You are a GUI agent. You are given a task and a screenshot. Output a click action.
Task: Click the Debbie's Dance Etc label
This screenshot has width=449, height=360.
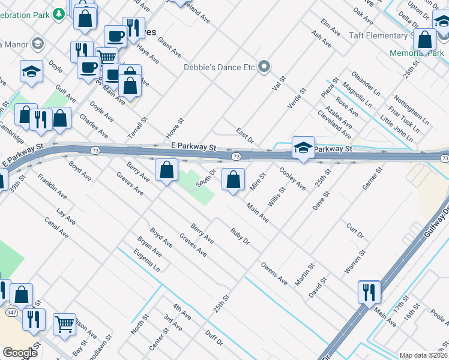tap(219, 67)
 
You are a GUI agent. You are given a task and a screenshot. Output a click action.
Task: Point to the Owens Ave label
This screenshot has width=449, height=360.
tap(274, 269)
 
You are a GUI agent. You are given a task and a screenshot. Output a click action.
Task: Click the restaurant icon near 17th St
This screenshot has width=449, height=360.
tap(369, 292)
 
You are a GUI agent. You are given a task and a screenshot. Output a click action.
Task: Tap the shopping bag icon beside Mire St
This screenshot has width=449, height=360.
tap(233, 179)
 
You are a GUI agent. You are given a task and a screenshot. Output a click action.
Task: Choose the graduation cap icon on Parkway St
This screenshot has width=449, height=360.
tap(303, 148)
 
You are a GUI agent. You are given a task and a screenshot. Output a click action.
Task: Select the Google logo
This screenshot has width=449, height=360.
tap(20, 353)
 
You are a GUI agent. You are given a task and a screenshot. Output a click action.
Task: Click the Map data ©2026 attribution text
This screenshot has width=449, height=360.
tap(423, 355)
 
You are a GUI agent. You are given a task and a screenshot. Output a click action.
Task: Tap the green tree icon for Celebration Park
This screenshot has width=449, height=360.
tap(59, 13)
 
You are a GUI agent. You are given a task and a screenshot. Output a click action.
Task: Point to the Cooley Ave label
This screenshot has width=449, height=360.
tap(292, 179)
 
